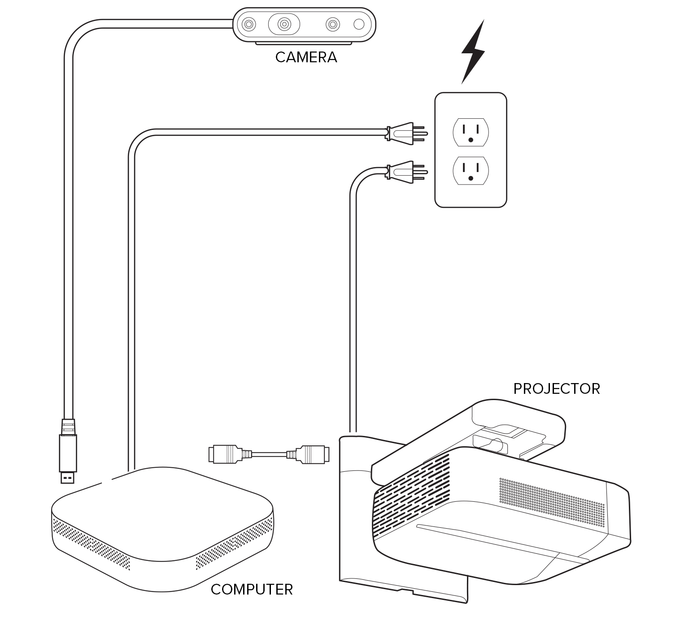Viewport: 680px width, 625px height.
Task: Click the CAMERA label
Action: pyautogui.click(x=306, y=57)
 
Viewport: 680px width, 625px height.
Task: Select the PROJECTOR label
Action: pyautogui.click(x=556, y=388)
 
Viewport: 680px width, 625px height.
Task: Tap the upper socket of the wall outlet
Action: pyautogui.click(x=471, y=132)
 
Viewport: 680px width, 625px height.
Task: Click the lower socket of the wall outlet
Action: pyautogui.click(x=471, y=171)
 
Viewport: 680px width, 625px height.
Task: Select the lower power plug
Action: pyautogui.click(x=404, y=172)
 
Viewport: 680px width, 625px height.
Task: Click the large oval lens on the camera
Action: pyautogui.click(x=283, y=24)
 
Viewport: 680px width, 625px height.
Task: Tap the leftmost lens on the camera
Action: pyautogui.click(x=248, y=24)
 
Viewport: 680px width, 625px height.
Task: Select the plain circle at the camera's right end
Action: pyautogui.click(x=359, y=24)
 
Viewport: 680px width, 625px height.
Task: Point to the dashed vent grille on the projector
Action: pyautogui.click(x=413, y=495)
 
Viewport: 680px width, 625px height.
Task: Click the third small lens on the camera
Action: pyautogui.click(x=332, y=24)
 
